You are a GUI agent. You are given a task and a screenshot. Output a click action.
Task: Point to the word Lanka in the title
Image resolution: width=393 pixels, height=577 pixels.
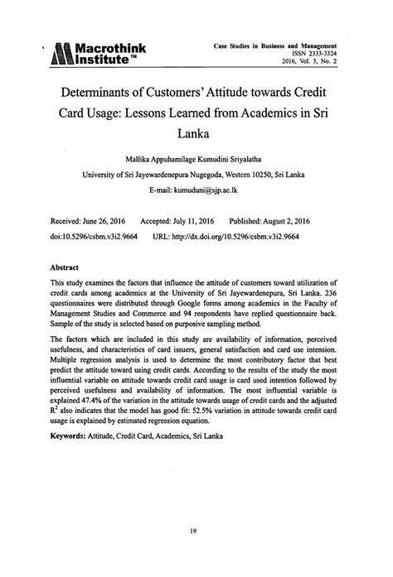pos(196,131)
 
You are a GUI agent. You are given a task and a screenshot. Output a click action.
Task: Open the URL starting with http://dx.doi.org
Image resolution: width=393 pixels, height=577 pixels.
pos(246,236)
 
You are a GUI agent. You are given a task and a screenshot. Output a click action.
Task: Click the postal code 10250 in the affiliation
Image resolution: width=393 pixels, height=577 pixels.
pos(268,175)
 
